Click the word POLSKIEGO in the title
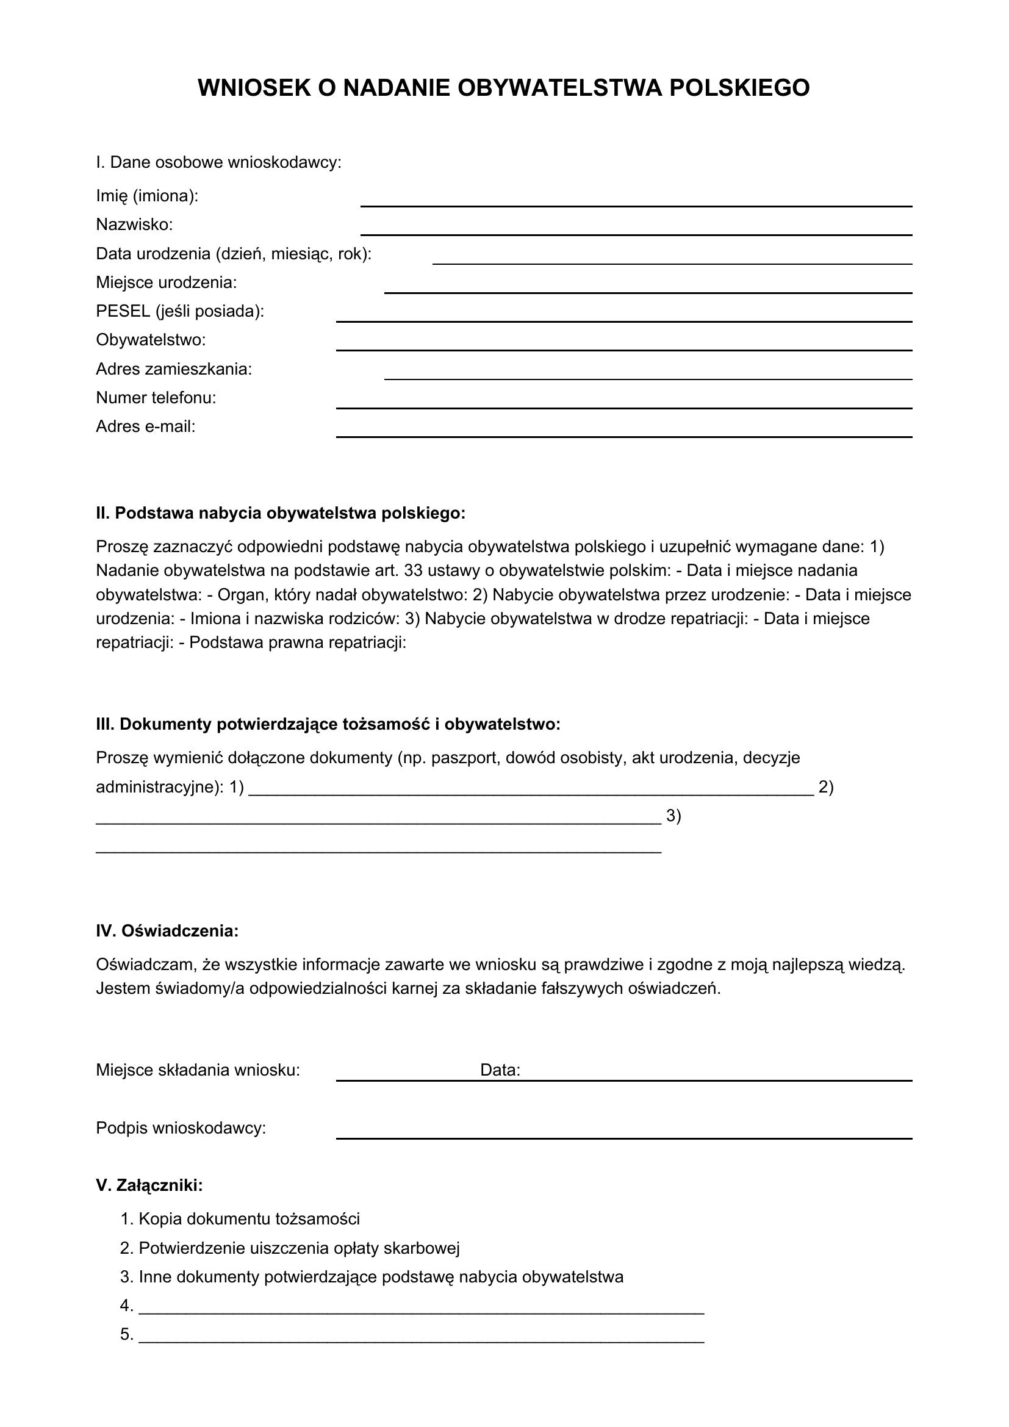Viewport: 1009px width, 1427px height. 739,88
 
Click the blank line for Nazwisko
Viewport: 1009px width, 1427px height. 636,233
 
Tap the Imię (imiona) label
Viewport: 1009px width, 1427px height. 147,196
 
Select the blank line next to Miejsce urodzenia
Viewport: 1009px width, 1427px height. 647,291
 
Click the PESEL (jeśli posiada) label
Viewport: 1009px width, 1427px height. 180,311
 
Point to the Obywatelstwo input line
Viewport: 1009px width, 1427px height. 623,349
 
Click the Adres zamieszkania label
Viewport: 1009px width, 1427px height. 174,369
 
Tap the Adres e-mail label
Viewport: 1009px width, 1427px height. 145,426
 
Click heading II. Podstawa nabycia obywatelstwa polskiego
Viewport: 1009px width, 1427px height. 280,513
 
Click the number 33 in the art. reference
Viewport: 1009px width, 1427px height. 413,570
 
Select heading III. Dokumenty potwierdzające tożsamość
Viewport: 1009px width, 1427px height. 328,724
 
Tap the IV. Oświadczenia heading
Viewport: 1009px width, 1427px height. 167,931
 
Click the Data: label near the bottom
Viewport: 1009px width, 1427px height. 500,1070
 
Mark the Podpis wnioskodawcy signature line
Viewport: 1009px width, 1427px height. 623,1137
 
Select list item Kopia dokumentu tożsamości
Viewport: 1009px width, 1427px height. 248,1219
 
